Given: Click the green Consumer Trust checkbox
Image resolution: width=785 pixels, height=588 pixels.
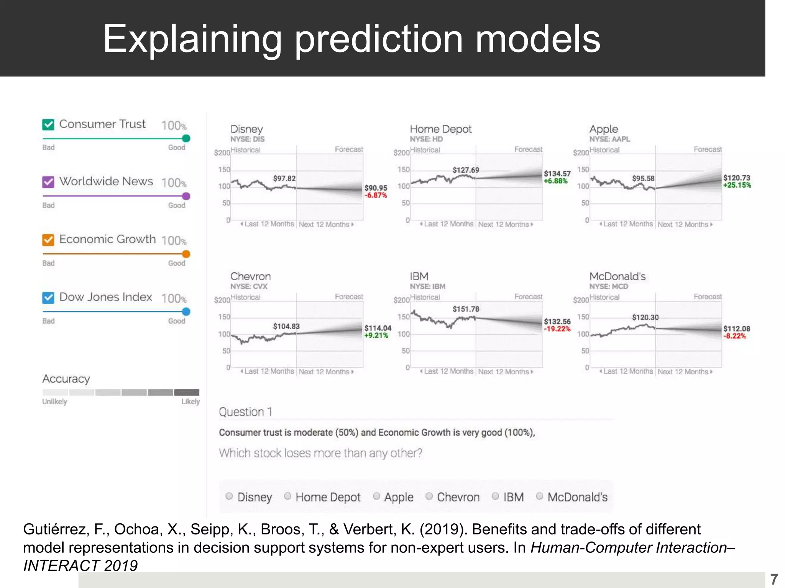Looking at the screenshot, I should pyautogui.click(x=48, y=124).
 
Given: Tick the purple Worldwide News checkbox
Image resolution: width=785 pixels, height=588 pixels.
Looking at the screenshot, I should pyautogui.click(x=48, y=182).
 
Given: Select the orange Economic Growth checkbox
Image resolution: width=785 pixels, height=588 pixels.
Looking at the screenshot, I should pyautogui.click(x=48, y=240).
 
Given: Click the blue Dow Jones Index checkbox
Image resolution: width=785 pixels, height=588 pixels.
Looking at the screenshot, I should pyautogui.click(x=48, y=297).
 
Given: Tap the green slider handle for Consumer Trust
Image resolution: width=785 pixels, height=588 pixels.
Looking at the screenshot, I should pyautogui.click(x=186, y=139).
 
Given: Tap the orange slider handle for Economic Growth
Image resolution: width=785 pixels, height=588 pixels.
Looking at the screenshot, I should pyautogui.click(x=186, y=254).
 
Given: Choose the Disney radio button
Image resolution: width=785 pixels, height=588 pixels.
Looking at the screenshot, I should pyautogui.click(x=229, y=496).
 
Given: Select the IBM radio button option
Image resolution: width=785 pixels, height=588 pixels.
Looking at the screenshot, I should pyautogui.click(x=495, y=496).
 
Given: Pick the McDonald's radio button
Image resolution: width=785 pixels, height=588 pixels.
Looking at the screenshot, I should pyautogui.click(x=539, y=496).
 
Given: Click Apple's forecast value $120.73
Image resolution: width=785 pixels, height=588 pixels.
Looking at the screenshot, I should pyautogui.click(x=736, y=178).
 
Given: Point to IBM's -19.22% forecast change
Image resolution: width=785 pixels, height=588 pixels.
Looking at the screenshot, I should pyautogui.click(x=557, y=329).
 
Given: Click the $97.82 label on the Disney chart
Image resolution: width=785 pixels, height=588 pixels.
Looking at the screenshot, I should pyautogui.click(x=284, y=178).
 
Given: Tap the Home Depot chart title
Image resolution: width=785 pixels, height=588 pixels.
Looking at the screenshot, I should pyautogui.click(x=440, y=129).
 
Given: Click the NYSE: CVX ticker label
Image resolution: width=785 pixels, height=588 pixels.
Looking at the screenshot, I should pyautogui.click(x=249, y=286).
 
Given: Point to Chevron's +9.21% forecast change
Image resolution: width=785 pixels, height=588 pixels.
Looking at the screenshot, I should pyautogui.click(x=376, y=335).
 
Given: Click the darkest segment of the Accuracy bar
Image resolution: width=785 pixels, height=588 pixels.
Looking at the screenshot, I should pyautogui.click(x=187, y=392).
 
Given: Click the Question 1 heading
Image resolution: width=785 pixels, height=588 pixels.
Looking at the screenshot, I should pyautogui.click(x=245, y=412).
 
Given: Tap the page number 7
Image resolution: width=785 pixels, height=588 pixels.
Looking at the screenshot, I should pyautogui.click(x=774, y=579).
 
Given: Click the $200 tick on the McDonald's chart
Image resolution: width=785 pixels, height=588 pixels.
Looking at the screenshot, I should pyautogui.click(x=581, y=300).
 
